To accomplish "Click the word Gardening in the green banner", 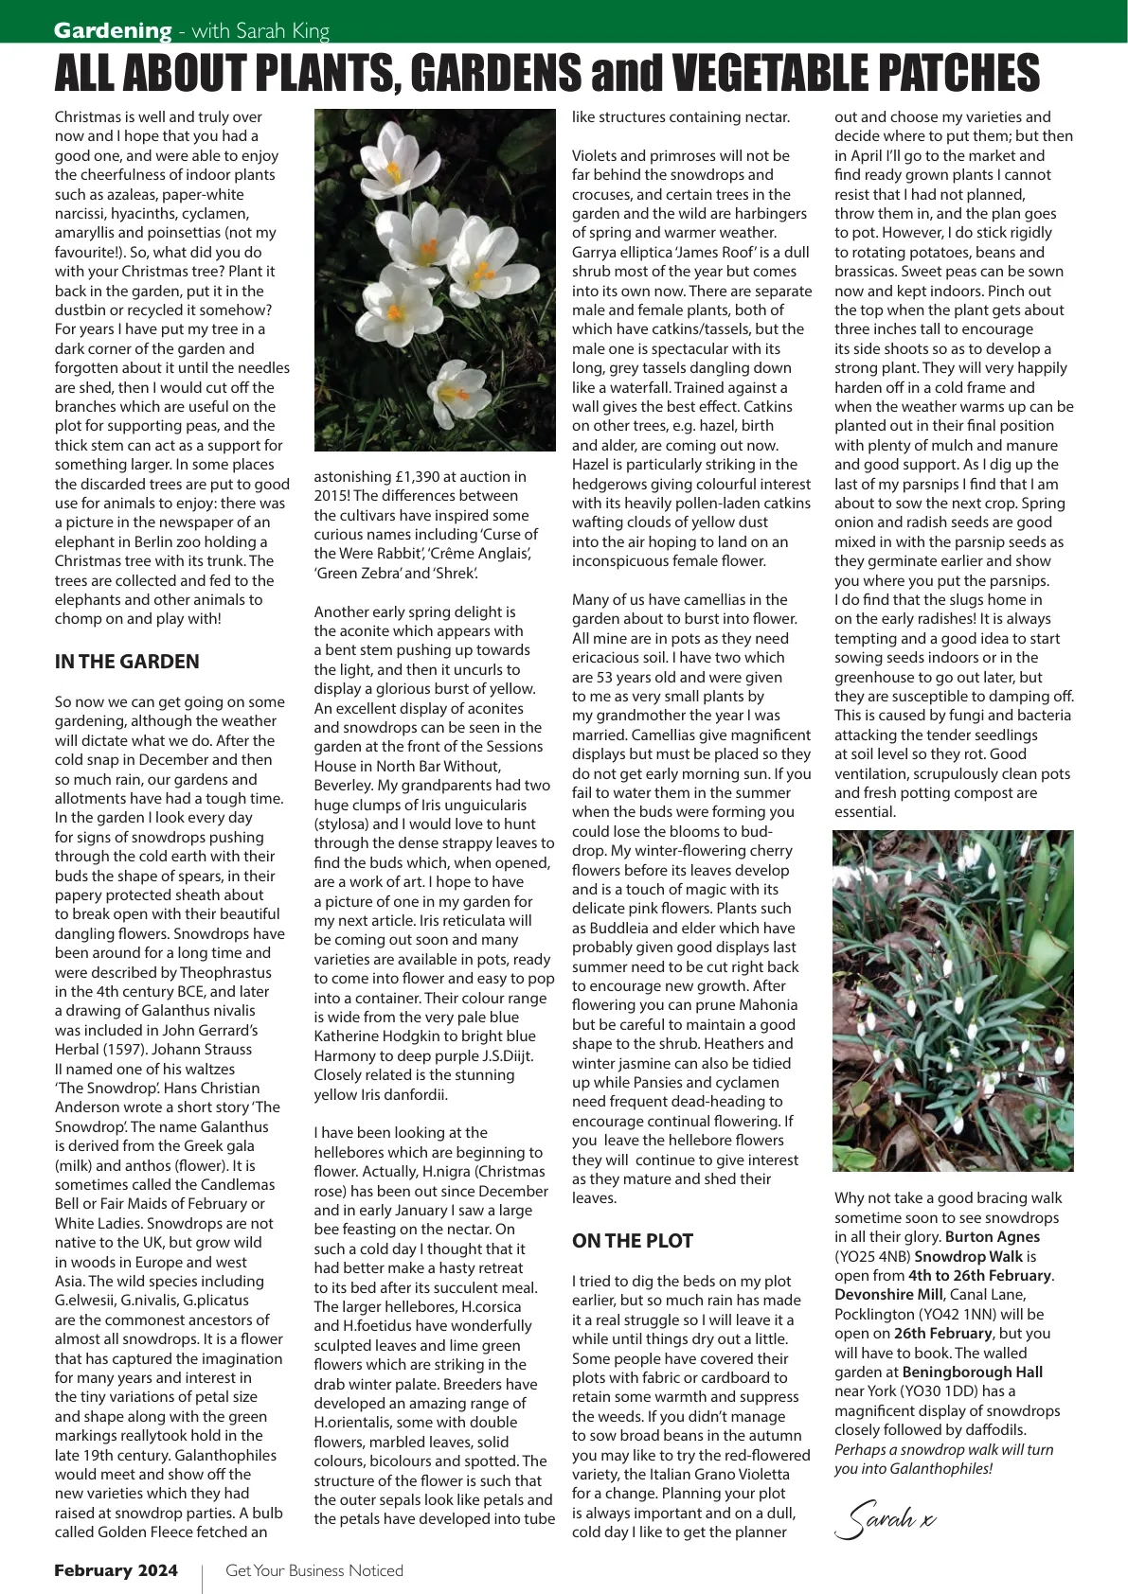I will click(113, 30).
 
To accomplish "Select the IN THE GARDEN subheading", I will click(127, 662).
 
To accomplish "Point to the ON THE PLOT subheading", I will click(632, 1241).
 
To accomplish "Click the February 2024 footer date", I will click(116, 1570).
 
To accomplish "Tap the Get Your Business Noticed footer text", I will click(313, 1570).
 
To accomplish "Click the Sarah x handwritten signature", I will click(885, 1518).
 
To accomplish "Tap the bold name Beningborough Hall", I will click(972, 1373).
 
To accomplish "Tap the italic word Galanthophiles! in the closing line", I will click(913, 1469).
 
